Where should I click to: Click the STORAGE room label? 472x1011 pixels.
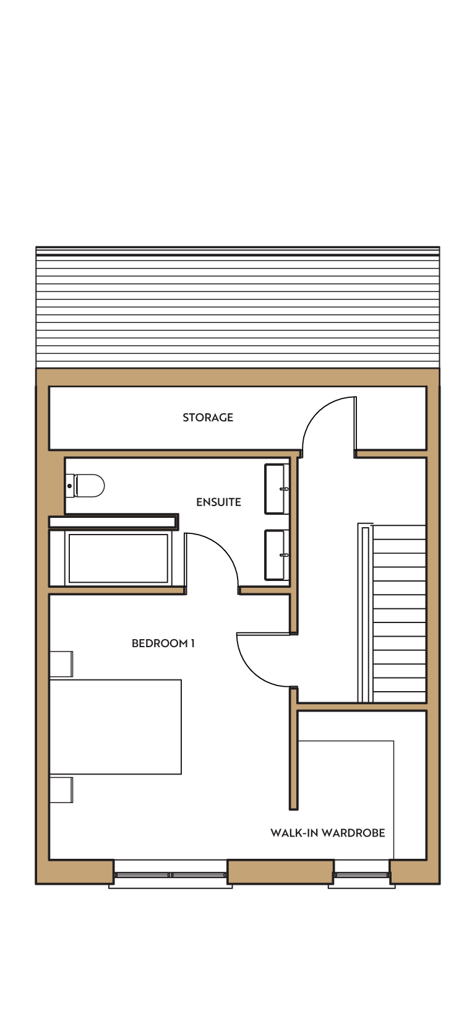point(208,418)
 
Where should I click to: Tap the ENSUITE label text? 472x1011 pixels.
point(218,502)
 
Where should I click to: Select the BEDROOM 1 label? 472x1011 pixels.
point(163,643)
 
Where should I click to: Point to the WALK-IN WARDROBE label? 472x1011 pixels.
point(328,833)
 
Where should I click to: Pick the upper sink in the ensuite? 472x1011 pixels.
point(277,489)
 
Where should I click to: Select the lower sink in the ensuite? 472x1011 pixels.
point(277,555)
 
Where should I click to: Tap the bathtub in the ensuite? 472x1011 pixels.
point(118,559)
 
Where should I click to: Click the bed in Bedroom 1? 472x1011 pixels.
point(116,726)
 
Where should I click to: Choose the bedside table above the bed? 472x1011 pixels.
point(61,664)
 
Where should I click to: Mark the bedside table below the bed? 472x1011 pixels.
point(61,790)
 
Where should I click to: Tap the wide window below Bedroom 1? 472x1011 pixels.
point(170,875)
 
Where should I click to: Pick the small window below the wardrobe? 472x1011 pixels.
point(361,875)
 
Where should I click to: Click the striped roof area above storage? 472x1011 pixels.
point(238,308)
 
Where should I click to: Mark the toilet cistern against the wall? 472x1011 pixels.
point(70,486)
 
